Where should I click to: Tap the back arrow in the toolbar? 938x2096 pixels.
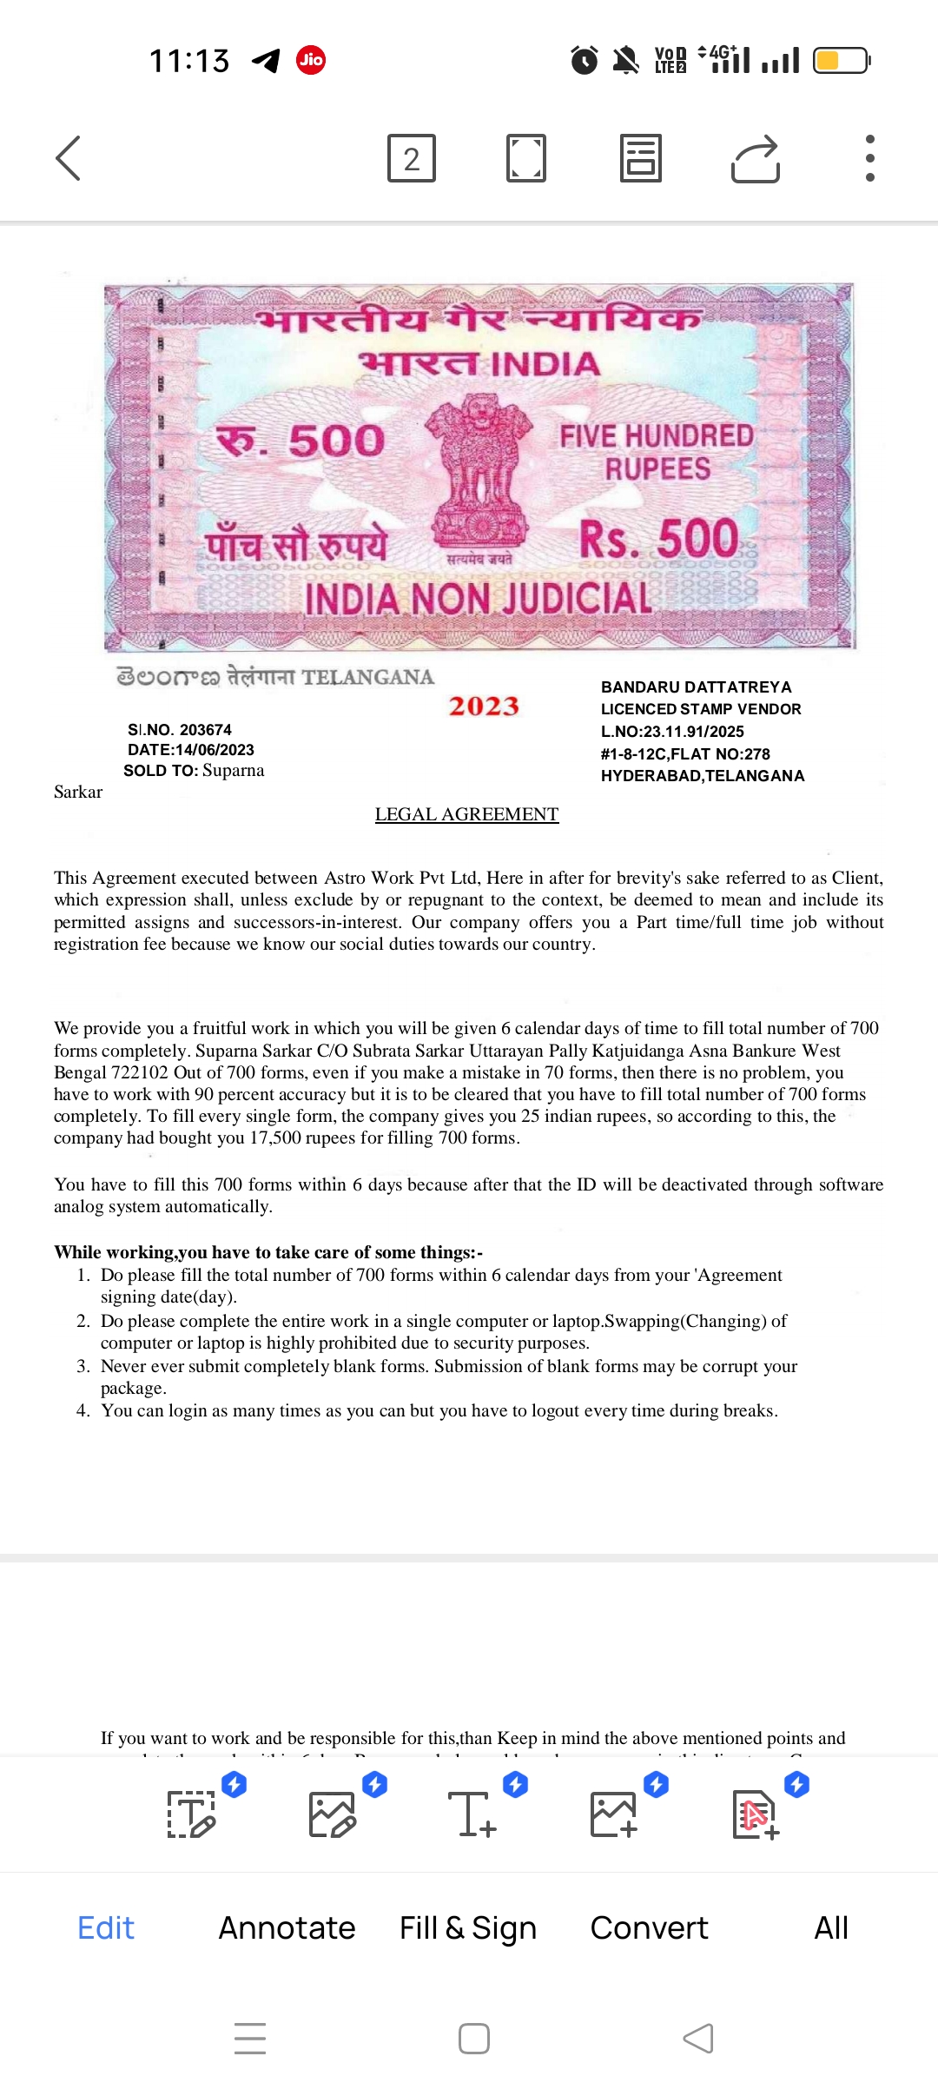pos(69,158)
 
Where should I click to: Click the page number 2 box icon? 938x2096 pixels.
pos(412,158)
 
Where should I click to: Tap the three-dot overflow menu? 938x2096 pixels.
pos(869,158)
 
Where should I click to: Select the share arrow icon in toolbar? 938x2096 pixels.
pos(756,159)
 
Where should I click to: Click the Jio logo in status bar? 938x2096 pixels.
pos(311,60)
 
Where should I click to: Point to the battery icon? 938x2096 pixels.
pos(841,61)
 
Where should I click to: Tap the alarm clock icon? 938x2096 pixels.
pos(585,60)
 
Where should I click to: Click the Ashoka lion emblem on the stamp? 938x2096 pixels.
pos(480,469)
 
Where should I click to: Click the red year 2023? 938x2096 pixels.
pos(484,706)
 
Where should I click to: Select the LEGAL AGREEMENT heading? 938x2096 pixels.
pos(466,814)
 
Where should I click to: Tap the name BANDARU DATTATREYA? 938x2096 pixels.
pos(697,687)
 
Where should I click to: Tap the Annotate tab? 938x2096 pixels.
pos(287,1927)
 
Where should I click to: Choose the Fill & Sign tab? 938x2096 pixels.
pos(468,1927)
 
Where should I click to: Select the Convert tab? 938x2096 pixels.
pos(649,1927)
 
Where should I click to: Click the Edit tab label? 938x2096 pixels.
pos(106,1927)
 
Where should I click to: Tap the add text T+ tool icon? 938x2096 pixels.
pos(472,1814)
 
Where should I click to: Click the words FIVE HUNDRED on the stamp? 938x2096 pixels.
pos(657,435)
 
